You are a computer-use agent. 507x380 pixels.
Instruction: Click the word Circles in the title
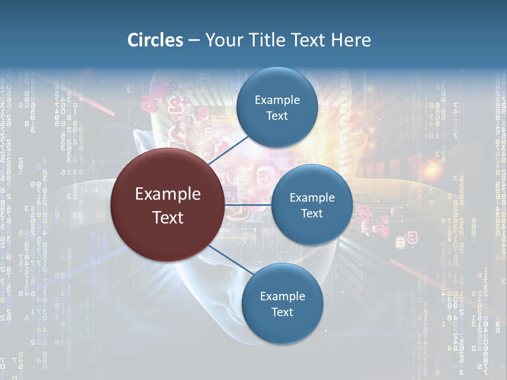pyautogui.click(x=155, y=40)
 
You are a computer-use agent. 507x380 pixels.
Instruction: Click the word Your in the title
pyautogui.click(x=222, y=40)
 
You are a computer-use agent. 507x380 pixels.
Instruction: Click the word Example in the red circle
pyautogui.click(x=168, y=194)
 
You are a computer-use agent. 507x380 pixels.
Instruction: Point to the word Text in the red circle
pyautogui.click(x=168, y=217)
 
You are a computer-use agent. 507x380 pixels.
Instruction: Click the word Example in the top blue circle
pyautogui.click(x=277, y=100)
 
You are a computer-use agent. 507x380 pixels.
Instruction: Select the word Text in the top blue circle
pyautogui.click(x=277, y=116)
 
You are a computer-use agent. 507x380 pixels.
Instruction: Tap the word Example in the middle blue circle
pyautogui.click(x=312, y=197)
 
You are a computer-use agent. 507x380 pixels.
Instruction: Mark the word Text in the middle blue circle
pyautogui.click(x=312, y=213)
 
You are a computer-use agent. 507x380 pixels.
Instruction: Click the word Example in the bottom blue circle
pyautogui.click(x=283, y=296)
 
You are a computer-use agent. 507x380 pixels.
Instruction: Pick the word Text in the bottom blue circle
pyautogui.click(x=282, y=312)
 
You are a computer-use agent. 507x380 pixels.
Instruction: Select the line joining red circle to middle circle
pyautogui.click(x=248, y=204)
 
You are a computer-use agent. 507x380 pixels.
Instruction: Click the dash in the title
pyautogui.click(x=194, y=41)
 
